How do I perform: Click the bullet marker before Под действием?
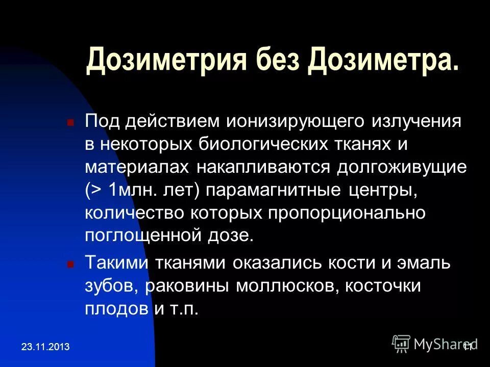[71, 123]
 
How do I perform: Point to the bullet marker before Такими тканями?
[71, 265]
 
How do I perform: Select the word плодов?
[117, 308]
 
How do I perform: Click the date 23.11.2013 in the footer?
[45, 347]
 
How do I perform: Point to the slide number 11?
[469, 346]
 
